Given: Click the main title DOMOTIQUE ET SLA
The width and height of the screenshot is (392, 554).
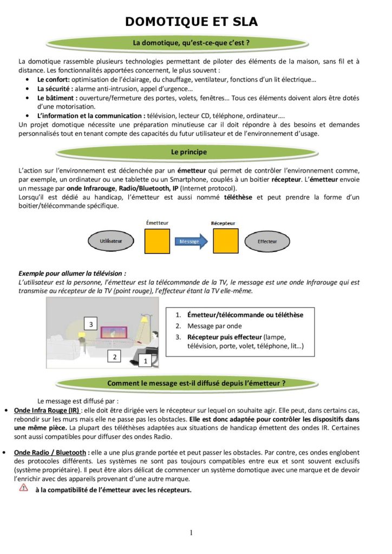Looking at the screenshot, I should (192, 22).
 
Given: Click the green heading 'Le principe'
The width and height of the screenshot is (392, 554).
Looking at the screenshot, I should (189, 153).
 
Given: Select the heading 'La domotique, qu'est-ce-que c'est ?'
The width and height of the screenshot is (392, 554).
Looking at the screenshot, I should (191, 42).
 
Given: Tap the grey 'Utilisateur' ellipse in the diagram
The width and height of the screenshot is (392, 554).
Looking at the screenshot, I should (111, 241).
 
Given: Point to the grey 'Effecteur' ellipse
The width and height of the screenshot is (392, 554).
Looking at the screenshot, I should (267, 241).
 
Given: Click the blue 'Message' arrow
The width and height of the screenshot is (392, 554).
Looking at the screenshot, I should (191, 241).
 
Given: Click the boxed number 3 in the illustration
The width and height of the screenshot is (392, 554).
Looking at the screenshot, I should (92, 324).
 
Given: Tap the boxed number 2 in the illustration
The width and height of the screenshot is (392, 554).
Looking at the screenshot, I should (114, 356).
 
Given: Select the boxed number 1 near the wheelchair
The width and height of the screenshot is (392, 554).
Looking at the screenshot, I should (145, 360).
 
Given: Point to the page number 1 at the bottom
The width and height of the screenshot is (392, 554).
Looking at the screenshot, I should (191, 533).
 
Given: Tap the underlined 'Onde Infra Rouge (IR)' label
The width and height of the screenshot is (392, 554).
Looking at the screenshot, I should (46, 410).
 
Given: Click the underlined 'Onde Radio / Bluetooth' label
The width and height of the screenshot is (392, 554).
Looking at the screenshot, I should (50, 452).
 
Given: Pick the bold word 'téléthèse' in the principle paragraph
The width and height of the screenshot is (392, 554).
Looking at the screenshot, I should (239, 197).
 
